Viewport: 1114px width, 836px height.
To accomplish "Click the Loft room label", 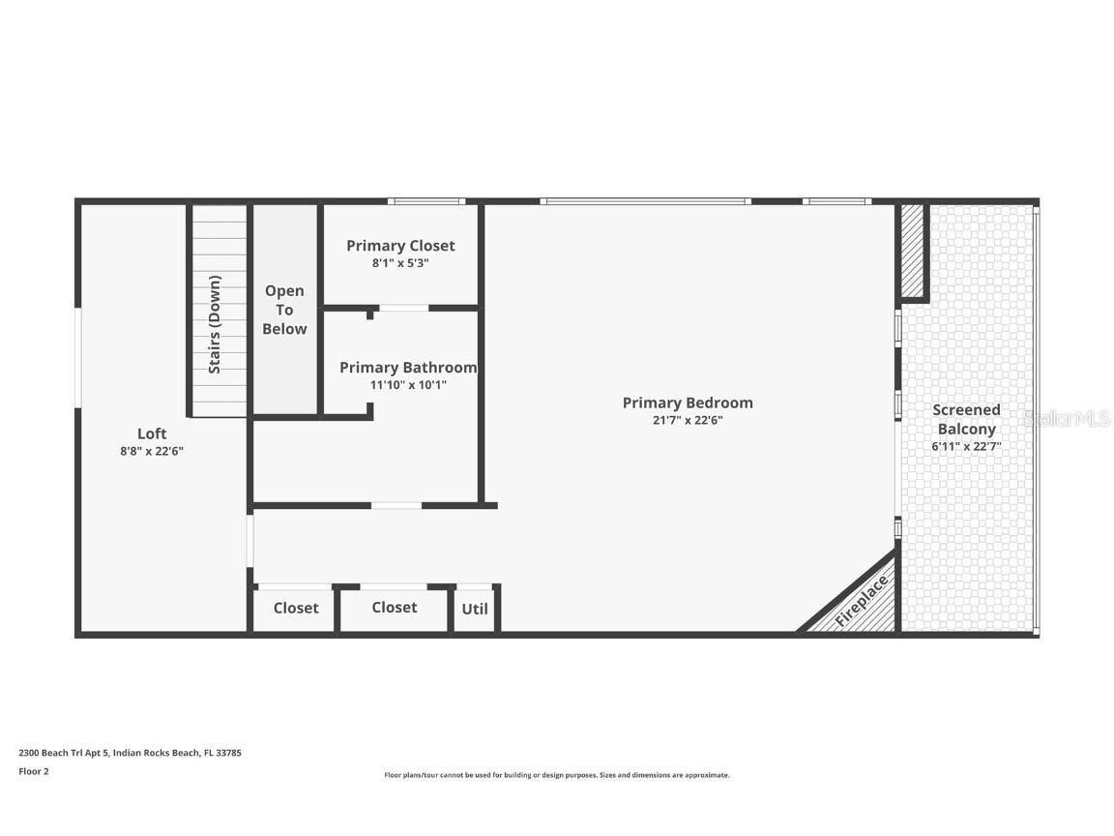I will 152,433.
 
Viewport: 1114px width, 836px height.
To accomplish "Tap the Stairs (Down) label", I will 215,325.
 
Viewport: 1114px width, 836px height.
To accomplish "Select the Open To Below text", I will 284,310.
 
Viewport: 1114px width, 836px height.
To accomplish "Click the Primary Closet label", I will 400,246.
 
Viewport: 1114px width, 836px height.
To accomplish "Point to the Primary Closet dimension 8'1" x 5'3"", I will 400,262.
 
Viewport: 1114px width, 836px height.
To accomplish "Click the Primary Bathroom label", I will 408,368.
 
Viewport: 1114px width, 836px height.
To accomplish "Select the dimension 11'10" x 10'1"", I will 408,384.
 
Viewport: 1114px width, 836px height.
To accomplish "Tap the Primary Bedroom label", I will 688,403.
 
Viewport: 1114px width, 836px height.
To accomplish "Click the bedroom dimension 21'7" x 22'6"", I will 688,420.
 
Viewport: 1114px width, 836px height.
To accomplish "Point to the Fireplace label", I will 862,602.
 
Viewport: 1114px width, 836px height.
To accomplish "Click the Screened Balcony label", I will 966,419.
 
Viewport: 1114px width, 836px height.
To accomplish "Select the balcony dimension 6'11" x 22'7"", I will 966,446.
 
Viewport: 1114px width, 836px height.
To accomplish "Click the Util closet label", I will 475,609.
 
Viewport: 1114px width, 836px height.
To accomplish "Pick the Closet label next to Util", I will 395,607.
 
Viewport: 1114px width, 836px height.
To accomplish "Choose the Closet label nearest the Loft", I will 296,608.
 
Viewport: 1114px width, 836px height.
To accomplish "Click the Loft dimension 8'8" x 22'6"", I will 152,450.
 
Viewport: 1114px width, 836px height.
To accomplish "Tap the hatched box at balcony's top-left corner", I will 913,251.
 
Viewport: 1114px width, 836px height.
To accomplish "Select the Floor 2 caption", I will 34,771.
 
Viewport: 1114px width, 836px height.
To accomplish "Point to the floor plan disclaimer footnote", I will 556,775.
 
